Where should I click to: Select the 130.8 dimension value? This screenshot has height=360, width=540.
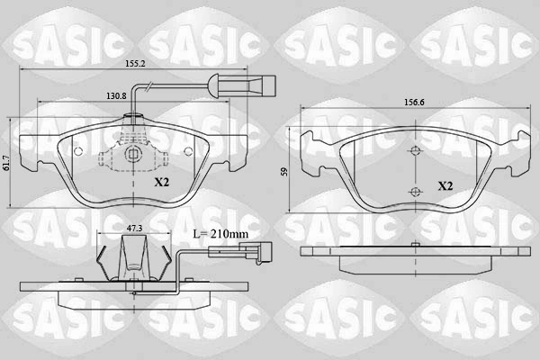click(x=116, y=96)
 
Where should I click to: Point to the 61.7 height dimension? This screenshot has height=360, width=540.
click(x=4, y=163)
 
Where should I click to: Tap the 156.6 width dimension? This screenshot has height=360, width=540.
click(x=414, y=103)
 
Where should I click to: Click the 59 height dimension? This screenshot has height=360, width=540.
click(x=283, y=172)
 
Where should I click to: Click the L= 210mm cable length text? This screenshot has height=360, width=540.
click(x=220, y=234)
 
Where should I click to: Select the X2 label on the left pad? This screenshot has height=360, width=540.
click(x=161, y=182)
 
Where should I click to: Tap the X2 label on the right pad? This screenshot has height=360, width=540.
click(x=445, y=186)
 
